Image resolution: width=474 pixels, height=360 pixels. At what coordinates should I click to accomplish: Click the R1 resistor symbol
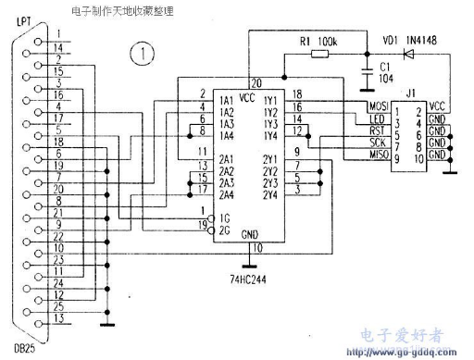318,55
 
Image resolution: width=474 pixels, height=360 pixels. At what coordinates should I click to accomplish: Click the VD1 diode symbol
405,55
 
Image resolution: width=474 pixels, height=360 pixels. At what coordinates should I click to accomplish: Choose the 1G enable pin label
222,217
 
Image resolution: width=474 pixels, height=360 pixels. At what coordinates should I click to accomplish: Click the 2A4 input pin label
226,194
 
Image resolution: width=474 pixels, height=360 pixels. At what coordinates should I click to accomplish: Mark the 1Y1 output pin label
270,99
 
